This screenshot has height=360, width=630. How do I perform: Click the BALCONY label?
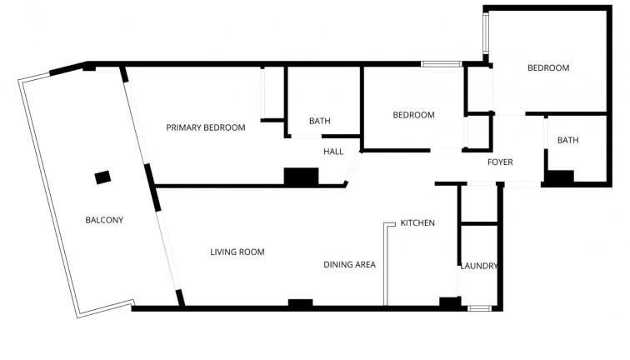(104, 220)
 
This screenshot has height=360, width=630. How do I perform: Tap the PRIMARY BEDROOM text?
(206, 127)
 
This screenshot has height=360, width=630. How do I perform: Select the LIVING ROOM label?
(237, 251)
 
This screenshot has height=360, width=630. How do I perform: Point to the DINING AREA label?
(349, 265)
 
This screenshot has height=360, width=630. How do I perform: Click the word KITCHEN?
(417, 222)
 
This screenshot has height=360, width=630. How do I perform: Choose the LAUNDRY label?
(479, 266)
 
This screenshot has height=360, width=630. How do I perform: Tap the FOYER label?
(500, 162)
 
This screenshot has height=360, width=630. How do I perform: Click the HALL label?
(333, 152)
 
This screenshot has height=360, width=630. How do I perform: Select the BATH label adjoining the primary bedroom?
(319, 121)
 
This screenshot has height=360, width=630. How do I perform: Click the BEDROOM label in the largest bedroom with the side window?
(548, 68)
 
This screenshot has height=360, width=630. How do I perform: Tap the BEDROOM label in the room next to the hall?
(413, 115)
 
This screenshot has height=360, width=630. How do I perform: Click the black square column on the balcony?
(102, 177)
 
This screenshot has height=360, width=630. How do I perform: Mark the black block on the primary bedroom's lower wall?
(301, 177)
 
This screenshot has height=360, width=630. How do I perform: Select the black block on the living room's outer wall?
(300, 302)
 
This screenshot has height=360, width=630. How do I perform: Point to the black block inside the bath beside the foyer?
(558, 177)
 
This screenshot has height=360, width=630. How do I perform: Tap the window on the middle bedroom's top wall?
(441, 63)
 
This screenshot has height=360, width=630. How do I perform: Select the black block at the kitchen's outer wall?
(448, 302)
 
